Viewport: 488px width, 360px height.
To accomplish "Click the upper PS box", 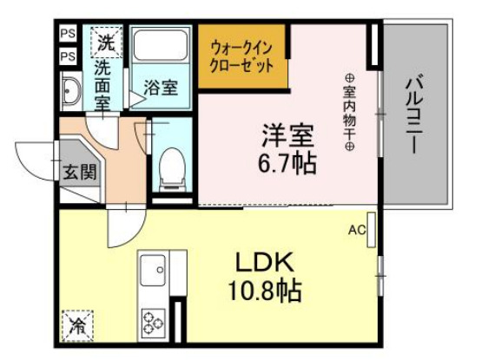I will point(68,36).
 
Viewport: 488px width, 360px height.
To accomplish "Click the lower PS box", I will point(68,56).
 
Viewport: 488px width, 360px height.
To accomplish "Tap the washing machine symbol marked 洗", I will point(105,41).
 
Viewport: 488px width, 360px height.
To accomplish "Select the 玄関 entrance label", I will point(75,171).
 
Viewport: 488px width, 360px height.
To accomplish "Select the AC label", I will point(355,231).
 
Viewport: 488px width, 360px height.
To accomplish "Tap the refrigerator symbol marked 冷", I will point(77,327).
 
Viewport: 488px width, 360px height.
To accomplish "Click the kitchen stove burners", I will point(154,322).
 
